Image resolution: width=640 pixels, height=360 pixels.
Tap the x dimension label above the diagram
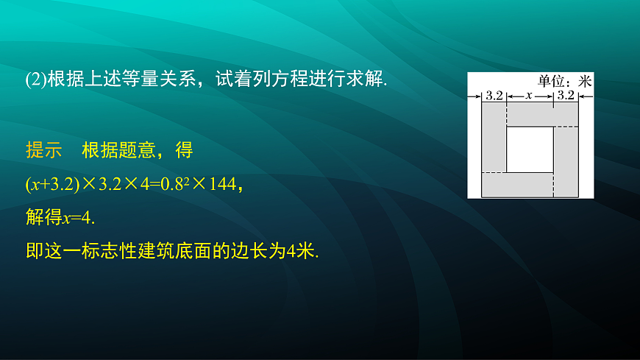click(528, 96)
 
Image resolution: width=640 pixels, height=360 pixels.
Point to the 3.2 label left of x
click(494, 96)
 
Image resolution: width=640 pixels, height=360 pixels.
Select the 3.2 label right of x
click(565, 96)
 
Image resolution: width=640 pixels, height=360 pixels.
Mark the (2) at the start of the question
click(35, 81)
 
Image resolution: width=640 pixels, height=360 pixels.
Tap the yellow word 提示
click(43, 150)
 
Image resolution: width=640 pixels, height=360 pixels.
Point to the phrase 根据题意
click(118, 150)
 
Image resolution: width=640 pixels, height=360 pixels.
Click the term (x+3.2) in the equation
click(51, 185)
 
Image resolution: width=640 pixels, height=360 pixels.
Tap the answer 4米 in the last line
click(299, 251)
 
